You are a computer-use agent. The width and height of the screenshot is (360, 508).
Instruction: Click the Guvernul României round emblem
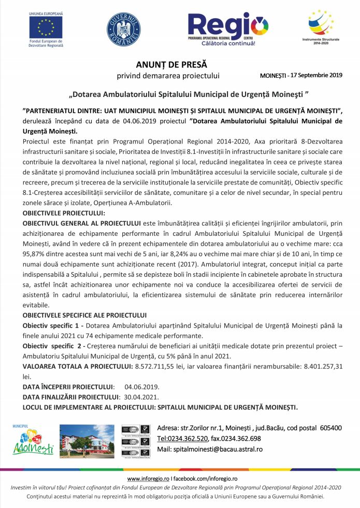tap(123, 30)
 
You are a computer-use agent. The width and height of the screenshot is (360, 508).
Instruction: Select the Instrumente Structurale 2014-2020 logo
tap(318, 26)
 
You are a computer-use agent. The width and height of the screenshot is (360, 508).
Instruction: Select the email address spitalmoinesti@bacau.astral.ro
tap(218, 449)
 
